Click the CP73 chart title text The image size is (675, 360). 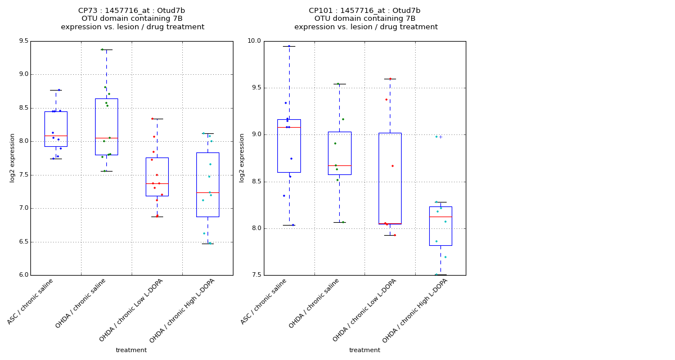[132, 19]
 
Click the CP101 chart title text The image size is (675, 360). [365, 19]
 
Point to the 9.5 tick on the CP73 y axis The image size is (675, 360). [23, 41]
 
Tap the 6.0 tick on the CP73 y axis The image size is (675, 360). [23, 275]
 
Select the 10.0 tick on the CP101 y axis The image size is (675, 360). [255, 41]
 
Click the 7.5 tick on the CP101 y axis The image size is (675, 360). [256, 275]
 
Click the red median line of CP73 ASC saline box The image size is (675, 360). [56, 136]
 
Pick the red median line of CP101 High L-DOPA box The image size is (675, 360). [440, 217]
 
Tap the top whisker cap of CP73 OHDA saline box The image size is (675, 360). [106, 49]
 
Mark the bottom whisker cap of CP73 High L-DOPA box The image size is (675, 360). [208, 244]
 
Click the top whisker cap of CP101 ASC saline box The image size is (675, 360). [289, 46]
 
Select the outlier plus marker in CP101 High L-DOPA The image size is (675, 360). [440, 137]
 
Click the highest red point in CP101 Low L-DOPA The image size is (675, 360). [390, 79]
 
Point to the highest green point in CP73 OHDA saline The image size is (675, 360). [102, 49]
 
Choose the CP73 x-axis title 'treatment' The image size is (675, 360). [131, 350]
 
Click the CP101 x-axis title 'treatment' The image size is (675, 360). [364, 350]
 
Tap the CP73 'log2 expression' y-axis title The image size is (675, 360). [12, 158]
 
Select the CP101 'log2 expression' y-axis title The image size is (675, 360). [242, 158]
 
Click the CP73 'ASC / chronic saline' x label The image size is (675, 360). [31, 301]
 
